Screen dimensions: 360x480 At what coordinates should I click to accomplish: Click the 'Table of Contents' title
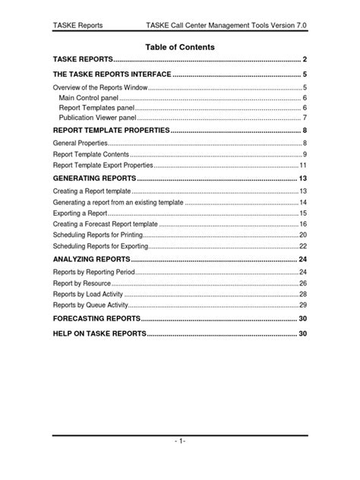pos(180,47)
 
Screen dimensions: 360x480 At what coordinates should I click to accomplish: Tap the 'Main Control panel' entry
pos(90,99)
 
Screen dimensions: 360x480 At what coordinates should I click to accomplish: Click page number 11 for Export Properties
pos(302,165)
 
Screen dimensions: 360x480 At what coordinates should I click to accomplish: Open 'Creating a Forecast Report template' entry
pos(106,225)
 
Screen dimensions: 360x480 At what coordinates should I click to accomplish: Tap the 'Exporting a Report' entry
pos(80,214)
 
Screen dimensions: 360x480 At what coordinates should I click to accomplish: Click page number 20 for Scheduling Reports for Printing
pos(302,236)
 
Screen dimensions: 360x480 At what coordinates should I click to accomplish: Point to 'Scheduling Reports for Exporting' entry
pos(99,247)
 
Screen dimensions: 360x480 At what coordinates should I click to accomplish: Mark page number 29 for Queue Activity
pos(302,305)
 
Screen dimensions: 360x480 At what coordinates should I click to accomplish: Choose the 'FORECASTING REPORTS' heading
pos(96,319)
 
